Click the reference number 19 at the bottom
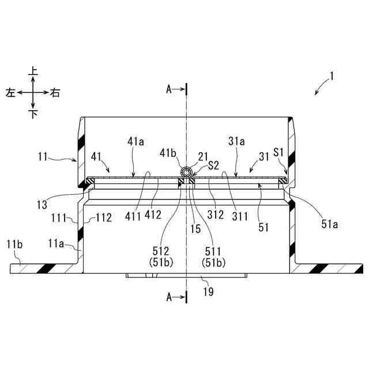[209, 292]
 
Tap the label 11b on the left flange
[14, 244]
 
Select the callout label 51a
[329, 224]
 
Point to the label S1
[278, 152]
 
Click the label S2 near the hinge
[213, 165]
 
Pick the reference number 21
[203, 156]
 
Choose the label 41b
[168, 153]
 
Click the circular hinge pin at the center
[186, 173]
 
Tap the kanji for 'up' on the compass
[33, 70]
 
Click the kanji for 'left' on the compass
[10, 92]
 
